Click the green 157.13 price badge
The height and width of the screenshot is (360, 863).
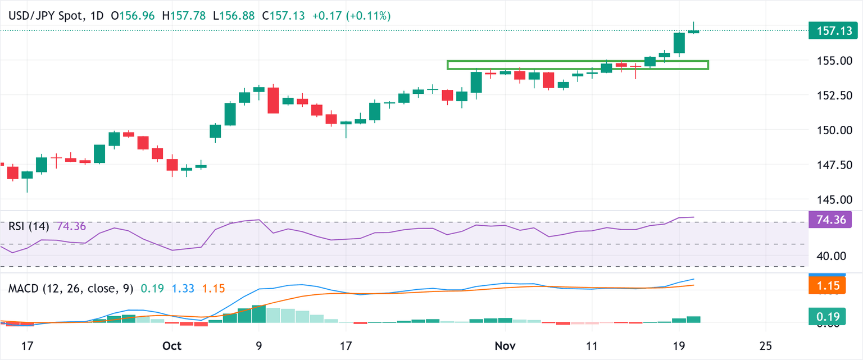[832, 30]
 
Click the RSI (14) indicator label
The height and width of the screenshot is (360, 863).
[29, 226]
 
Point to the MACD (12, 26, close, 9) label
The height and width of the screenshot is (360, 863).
[71, 289]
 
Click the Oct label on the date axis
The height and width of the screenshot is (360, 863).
[171, 345]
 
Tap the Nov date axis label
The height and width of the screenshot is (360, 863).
[505, 345]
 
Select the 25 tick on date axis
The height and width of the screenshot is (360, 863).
[765, 345]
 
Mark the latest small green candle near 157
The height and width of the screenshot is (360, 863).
[693, 31]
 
